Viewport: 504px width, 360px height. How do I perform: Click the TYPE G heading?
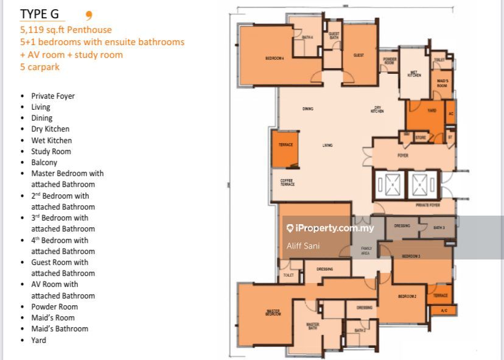(x=40, y=14)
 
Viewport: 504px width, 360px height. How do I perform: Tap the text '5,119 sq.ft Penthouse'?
(x=66, y=29)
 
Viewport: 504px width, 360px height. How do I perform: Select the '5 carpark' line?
(x=40, y=67)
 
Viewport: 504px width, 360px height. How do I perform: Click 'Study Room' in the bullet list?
(x=51, y=151)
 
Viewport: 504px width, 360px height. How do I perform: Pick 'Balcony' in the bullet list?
(x=44, y=162)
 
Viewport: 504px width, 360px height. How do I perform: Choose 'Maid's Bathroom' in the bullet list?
(x=60, y=328)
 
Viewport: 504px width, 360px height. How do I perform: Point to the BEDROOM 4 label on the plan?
(x=275, y=58)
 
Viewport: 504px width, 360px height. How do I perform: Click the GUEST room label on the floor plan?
(x=359, y=55)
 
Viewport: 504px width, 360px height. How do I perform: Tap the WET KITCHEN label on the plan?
(x=415, y=73)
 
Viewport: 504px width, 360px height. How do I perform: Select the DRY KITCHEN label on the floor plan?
(x=377, y=110)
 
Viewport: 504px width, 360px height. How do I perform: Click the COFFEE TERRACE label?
(x=287, y=183)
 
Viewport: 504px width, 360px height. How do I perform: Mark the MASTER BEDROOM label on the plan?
(x=273, y=312)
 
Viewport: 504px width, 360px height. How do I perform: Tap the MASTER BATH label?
(x=313, y=326)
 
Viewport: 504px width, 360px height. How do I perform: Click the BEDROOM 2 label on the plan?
(x=407, y=296)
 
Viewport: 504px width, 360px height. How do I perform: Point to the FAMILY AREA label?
(x=366, y=250)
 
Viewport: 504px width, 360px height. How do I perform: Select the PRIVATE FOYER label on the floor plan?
(x=428, y=205)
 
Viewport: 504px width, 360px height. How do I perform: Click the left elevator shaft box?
(x=388, y=183)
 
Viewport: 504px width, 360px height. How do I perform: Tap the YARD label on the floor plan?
(x=432, y=111)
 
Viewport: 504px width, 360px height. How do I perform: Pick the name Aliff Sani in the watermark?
(x=303, y=246)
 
